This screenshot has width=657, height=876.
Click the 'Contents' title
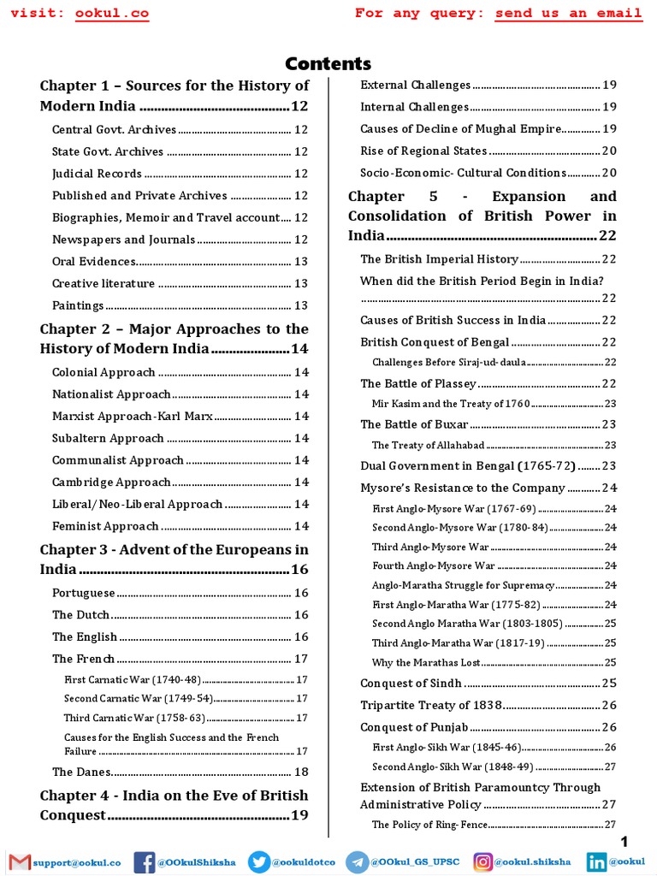(x=328, y=64)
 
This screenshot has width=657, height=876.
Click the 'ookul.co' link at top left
(x=110, y=13)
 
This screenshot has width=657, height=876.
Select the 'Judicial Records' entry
(x=97, y=174)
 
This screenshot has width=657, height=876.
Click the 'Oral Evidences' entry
(x=94, y=262)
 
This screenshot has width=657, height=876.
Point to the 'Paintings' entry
(x=78, y=305)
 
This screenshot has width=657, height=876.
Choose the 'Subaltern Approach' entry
(x=108, y=439)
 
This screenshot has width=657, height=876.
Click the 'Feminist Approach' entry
(x=105, y=527)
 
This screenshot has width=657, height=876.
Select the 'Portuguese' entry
(x=83, y=593)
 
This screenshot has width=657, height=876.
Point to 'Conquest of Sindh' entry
(x=411, y=684)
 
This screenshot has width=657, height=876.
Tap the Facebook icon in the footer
(x=144, y=863)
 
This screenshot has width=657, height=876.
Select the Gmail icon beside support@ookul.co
(x=19, y=863)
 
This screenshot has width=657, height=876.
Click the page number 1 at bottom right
(x=636, y=843)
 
